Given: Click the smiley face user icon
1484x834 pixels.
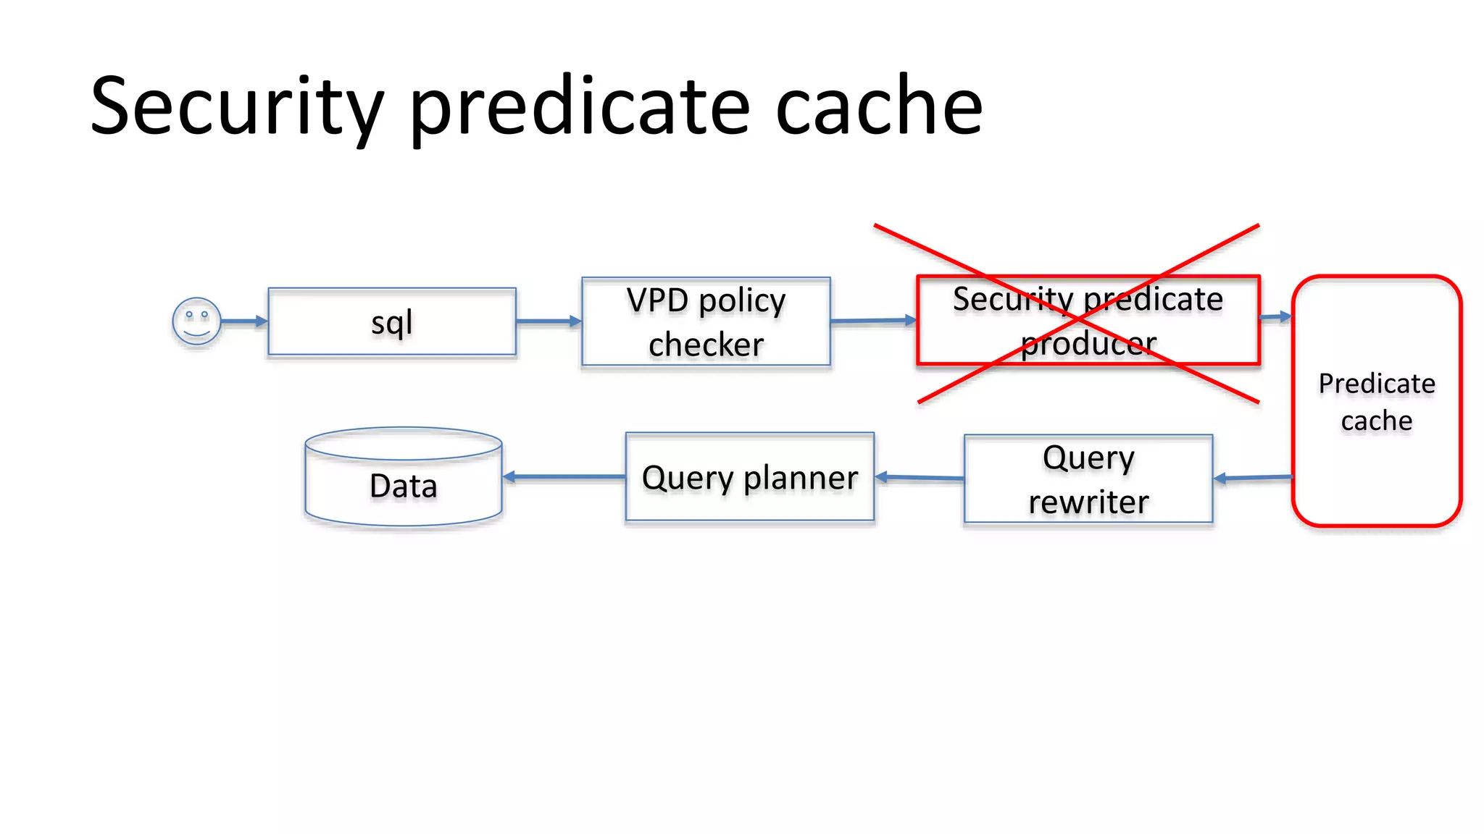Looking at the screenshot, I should (x=196, y=321).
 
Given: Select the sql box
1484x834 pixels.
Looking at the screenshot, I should (x=392, y=321).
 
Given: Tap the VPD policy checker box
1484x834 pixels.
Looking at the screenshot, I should (x=706, y=321).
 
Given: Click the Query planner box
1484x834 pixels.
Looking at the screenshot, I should (x=750, y=477).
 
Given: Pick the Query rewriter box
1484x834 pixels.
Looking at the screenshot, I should (x=1088, y=479).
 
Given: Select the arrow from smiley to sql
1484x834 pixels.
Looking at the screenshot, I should (x=244, y=321).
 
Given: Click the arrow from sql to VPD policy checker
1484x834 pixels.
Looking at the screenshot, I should (x=549, y=321).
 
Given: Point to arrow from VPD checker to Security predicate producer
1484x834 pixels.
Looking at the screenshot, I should (x=873, y=320).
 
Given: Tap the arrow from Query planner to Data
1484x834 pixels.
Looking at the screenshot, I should (x=564, y=476).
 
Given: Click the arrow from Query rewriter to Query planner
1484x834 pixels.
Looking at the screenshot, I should (x=919, y=477).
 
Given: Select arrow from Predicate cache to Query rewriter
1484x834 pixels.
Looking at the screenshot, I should (x=1253, y=477).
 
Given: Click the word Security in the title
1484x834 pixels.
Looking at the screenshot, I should (x=237, y=107).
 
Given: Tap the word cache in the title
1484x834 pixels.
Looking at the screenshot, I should (x=879, y=107).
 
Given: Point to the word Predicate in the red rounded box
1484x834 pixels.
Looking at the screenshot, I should (x=1376, y=383).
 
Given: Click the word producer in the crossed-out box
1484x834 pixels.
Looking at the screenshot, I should (x=1088, y=343).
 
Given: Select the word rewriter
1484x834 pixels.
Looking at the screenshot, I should (x=1088, y=501).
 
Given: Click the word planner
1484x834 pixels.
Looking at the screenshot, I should (x=801, y=478).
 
